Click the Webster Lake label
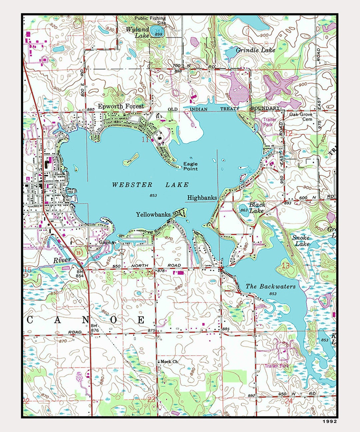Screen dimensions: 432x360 150,185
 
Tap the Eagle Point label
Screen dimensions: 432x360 190,166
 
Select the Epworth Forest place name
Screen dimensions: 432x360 121,106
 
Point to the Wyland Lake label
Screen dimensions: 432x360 137,32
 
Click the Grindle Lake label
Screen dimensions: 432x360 255,50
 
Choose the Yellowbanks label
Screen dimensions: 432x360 153,215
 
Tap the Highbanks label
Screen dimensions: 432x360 202,198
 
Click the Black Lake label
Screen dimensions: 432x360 257,207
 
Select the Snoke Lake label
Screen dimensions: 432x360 301,241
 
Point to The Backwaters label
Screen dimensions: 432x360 270,286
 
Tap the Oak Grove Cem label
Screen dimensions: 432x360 301,117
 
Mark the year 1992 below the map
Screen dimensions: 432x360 329,421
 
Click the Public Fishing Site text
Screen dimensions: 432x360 150,20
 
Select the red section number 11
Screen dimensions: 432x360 145,140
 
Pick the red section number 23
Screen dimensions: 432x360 151,400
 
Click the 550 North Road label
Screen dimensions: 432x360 147,265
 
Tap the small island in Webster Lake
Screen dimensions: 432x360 131,160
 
